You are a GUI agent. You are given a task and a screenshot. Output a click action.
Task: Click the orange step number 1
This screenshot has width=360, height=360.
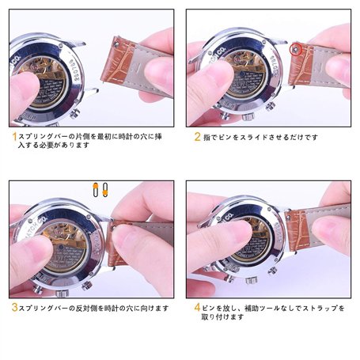(x=13, y=137)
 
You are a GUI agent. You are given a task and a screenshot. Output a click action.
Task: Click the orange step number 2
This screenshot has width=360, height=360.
(x=198, y=137)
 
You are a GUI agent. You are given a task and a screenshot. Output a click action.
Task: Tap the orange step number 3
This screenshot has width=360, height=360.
(x=13, y=306)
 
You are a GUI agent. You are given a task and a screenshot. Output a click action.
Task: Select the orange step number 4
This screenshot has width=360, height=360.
(x=198, y=306)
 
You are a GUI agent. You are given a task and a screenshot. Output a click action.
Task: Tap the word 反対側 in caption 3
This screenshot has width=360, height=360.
(x=85, y=306)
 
